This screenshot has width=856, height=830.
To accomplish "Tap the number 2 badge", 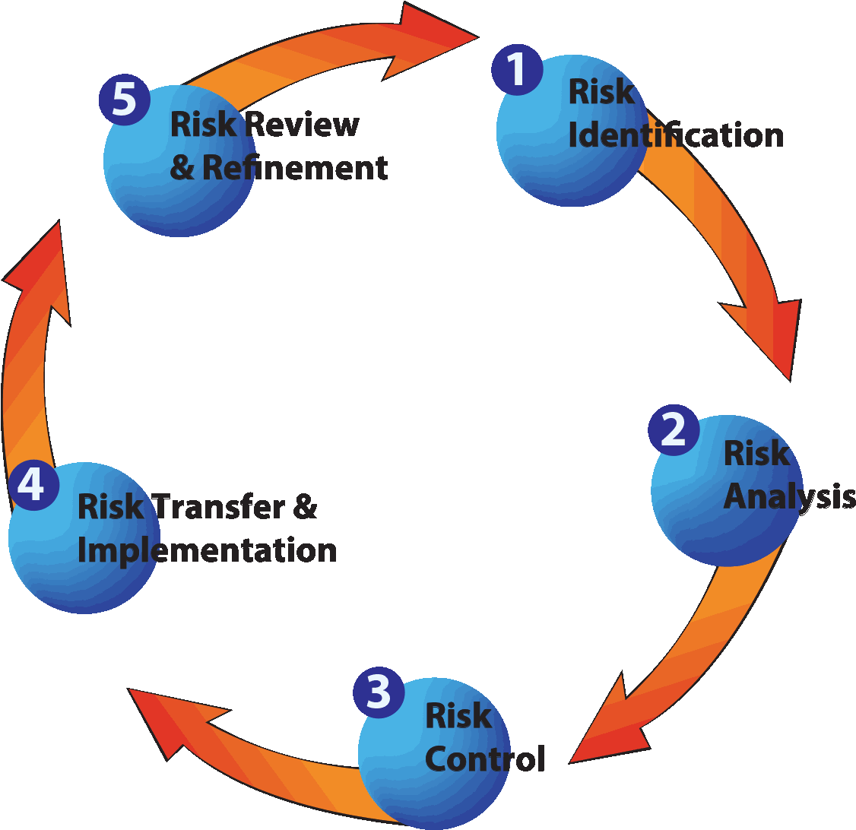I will click(x=674, y=430).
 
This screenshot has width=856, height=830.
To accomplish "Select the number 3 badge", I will click(x=379, y=692).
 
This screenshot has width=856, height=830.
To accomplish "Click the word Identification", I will click(x=675, y=135).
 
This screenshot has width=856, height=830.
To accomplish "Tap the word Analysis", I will click(x=788, y=496).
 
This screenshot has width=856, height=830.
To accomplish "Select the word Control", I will click(x=484, y=758).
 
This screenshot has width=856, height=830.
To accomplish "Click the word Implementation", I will click(x=207, y=550).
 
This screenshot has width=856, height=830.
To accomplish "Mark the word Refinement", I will click(x=295, y=168).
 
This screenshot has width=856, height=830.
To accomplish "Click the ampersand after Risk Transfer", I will click(x=304, y=507).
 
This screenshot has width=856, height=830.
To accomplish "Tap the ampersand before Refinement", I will click(x=182, y=168).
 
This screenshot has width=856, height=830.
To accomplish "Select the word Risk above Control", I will click(x=458, y=715).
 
